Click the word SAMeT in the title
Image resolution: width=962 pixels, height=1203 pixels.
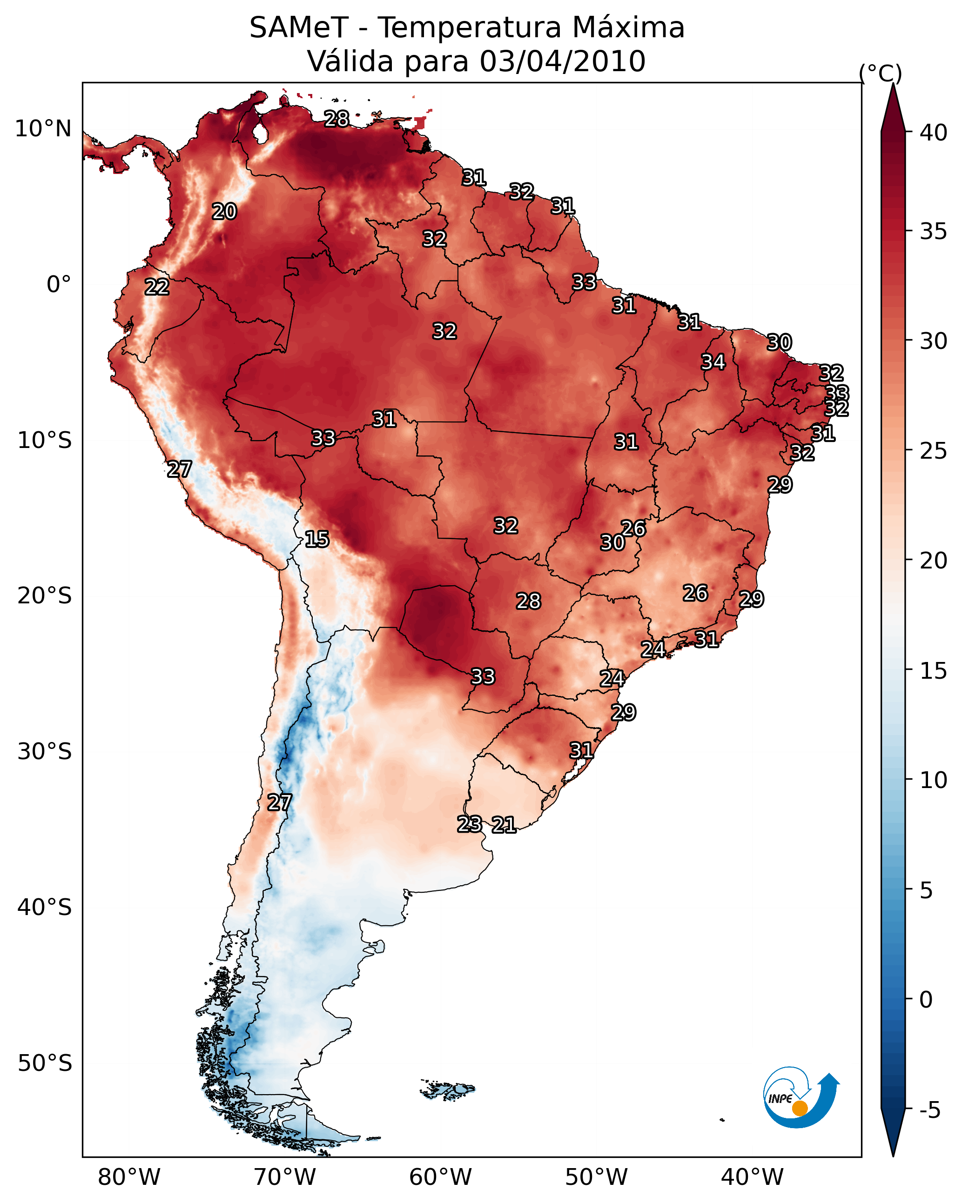pos(299,27)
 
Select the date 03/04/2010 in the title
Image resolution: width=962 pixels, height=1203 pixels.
pos(562,61)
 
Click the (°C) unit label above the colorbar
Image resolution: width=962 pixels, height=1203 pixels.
pos(881,73)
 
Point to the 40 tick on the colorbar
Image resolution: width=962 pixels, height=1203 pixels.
pos(934,133)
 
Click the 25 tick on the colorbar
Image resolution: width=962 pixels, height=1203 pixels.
pos(934,451)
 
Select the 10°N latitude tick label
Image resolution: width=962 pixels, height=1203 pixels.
pos(43,129)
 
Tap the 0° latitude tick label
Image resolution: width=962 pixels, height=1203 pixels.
pos(59,285)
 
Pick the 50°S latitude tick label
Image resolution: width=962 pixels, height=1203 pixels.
pos(45,1063)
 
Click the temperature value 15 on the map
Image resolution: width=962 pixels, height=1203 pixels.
pos(317,539)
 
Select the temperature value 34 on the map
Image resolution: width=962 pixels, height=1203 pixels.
pos(713,362)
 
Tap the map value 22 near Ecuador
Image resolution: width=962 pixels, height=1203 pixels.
pos(157,287)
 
